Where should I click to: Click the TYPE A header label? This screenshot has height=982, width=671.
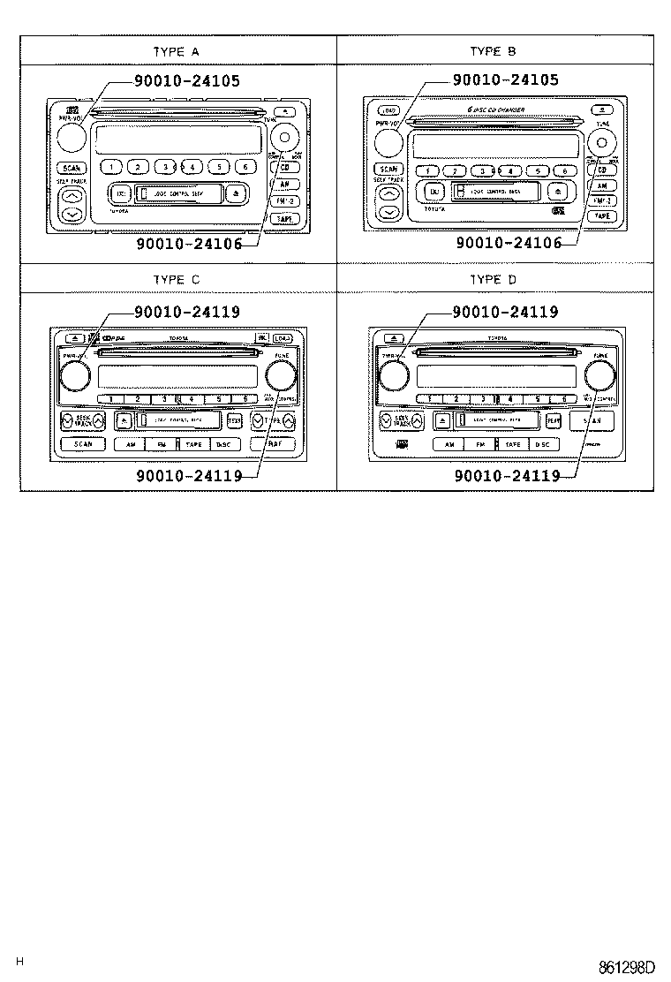click(x=177, y=51)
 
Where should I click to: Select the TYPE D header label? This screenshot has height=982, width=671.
click(x=494, y=280)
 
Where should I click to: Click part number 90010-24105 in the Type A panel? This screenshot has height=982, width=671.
click(x=187, y=80)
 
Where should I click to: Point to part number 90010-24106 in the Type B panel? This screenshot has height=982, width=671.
click(x=509, y=243)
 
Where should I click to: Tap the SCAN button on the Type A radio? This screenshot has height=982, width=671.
click(x=71, y=168)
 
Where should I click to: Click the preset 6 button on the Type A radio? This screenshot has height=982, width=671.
click(x=244, y=166)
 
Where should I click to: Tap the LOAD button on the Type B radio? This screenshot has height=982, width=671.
click(x=388, y=110)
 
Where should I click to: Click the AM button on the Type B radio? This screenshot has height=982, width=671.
click(x=601, y=186)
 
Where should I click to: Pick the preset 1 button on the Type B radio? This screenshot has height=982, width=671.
click(x=427, y=171)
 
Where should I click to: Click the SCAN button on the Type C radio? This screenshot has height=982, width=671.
click(x=83, y=444)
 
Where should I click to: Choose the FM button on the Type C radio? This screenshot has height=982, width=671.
click(x=161, y=444)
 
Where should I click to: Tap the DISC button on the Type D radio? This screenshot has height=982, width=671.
click(x=541, y=444)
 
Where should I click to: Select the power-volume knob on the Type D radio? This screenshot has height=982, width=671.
click(x=392, y=376)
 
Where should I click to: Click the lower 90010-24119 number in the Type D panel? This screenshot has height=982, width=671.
click(x=507, y=475)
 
